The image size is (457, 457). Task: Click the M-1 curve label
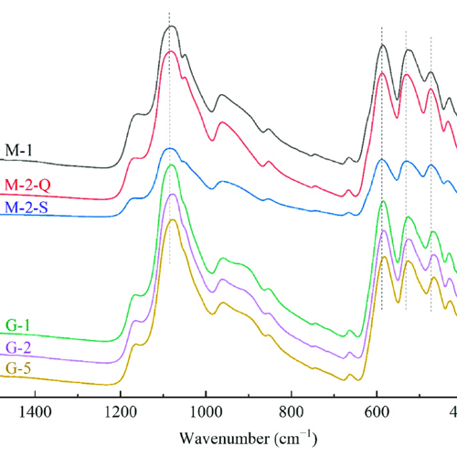[x=19, y=150]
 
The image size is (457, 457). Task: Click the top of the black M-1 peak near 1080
[x=170, y=27]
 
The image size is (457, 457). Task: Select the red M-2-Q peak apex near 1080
[x=170, y=51]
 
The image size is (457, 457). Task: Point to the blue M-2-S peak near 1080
[x=170, y=147]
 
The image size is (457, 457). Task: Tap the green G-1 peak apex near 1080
[x=170, y=165]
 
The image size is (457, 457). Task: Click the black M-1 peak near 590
[x=383, y=45]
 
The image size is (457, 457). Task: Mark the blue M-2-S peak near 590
[x=383, y=159]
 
